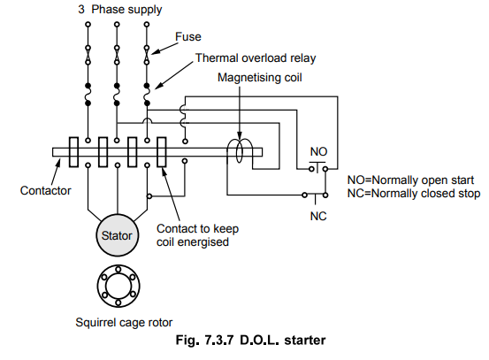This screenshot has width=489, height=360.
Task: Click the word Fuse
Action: pyautogui.click(x=188, y=37)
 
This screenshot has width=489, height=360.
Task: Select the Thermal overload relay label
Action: pyautogui.click(x=256, y=58)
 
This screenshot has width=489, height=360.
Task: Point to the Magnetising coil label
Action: pyautogui.click(x=259, y=78)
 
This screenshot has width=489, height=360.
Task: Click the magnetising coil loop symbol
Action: pyautogui.click(x=240, y=151)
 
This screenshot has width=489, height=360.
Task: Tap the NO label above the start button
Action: pyautogui.click(x=318, y=152)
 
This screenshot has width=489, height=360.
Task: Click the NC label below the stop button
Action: pyautogui.click(x=318, y=216)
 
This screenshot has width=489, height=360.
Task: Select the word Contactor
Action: pyautogui.click(x=45, y=190)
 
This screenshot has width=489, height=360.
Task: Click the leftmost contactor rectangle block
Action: pyautogui.click(x=73, y=152)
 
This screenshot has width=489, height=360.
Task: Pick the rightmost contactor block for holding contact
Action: pyautogui.click(x=162, y=152)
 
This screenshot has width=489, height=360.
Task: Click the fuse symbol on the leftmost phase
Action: pyautogui.click(x=88, y=55)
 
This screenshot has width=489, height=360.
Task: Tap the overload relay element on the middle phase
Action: pyautogui.click(x=117, y=95)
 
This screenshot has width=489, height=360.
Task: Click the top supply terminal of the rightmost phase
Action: pyautogui.click(x=147, y=24)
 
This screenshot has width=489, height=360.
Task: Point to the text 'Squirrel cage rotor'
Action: pyautogui.click(x=124, y=323)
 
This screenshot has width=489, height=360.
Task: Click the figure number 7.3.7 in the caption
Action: pyautogui.click(x=219, y=340)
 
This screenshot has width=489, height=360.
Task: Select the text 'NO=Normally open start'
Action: pyautogui.click(x=410, y=180)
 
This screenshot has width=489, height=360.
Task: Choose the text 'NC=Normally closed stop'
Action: pyautogui.click(x=414, y=194)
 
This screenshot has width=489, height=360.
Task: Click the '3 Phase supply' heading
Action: pyautogui.click(x=120, y=10)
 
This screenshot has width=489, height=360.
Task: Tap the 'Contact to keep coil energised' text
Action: pyautogui.click(x=198, y=235)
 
